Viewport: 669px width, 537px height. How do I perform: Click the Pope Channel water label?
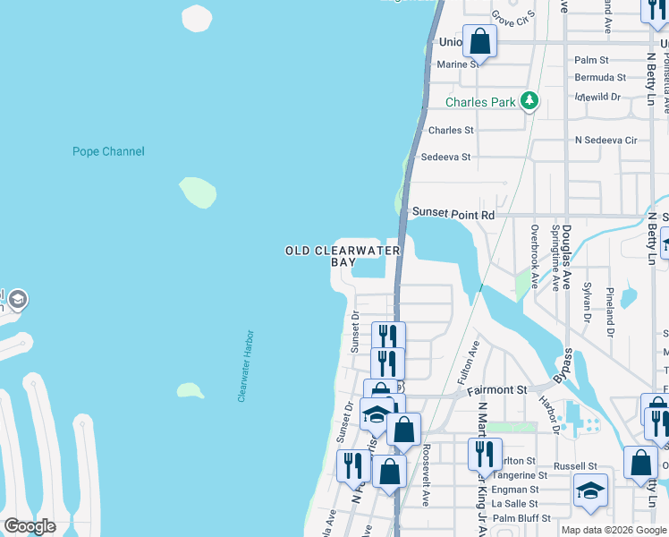[108, 151]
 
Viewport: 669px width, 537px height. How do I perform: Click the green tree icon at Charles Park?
[530, 101]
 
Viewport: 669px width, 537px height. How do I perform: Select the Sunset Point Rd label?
[453, 215]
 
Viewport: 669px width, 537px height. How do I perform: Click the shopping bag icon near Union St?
[480, 42]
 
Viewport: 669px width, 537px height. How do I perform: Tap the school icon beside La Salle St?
[591, 490]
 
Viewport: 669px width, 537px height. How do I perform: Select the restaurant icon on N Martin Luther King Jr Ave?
[484, 455]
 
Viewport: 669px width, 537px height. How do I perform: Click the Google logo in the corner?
[30, 526]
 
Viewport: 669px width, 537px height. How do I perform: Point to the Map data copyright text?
[614, 530]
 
